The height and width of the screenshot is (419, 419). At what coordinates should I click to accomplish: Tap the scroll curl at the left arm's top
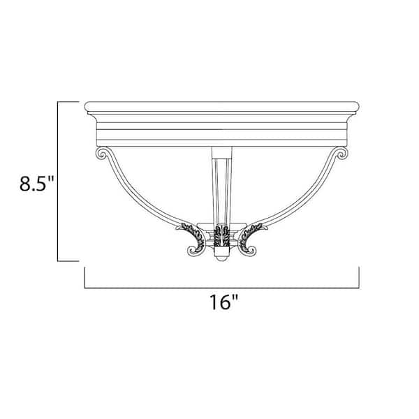[x=101, y=154]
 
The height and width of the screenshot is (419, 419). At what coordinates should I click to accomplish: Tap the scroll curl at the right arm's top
[x=342, y=154]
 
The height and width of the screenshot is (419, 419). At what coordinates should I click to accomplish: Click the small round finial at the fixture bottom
[x=222, y=258]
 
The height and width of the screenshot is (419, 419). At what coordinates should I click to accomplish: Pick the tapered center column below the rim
[x=222, y=185]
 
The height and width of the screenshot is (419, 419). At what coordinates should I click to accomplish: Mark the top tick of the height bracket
[x=68, y=103]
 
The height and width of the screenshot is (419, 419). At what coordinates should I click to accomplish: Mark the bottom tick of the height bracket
[x=68, y=261]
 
